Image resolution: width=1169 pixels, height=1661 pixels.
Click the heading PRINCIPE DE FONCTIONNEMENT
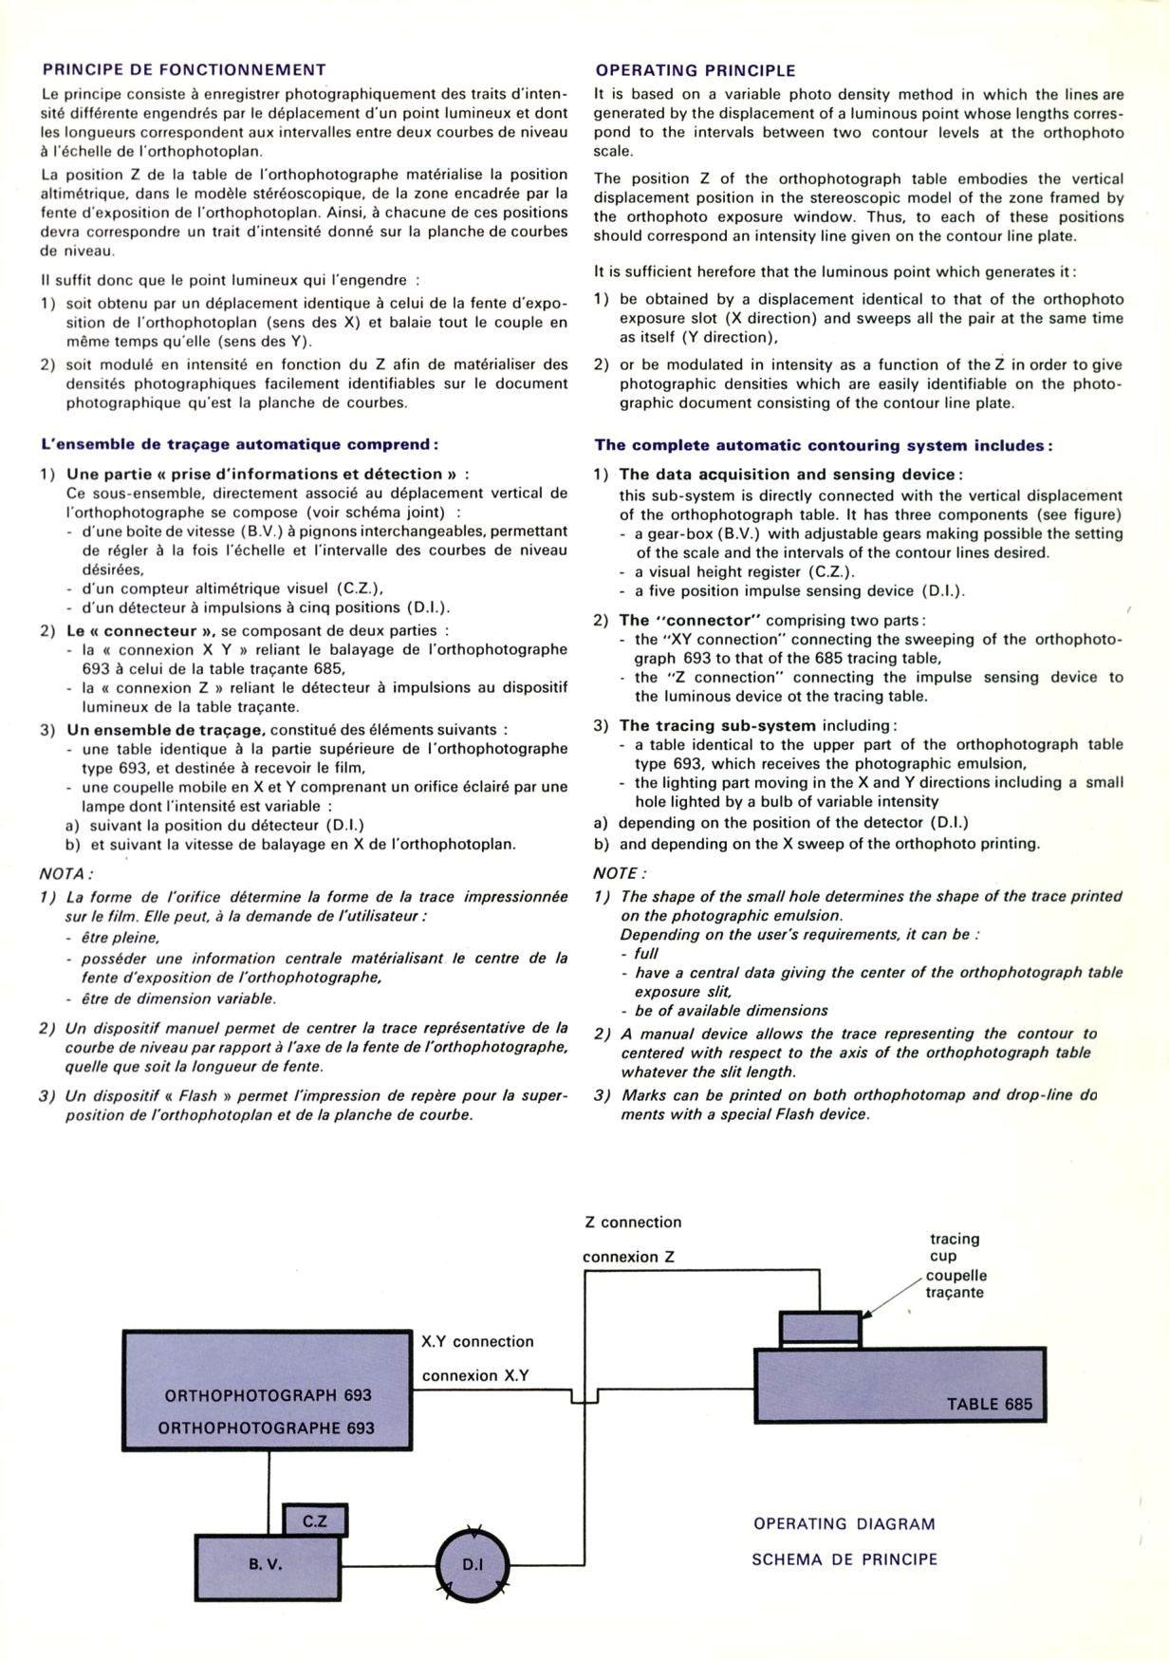(x=184, y=69)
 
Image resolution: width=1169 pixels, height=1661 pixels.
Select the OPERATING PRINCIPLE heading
(x=696, y=70)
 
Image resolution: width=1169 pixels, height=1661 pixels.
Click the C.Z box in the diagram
(x=315, y=1521)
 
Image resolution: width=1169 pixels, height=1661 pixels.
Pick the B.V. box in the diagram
(x=267, y=1564)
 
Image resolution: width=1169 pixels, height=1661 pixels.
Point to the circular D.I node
(x=473, y=1564)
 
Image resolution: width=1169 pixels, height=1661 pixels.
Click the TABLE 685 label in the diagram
(x=990, y=1404)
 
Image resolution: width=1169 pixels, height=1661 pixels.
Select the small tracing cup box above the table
(x=820, y=1329)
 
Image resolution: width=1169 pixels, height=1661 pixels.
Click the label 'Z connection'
(x=633, y=1222)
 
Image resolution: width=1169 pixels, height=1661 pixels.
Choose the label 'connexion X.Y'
(x=475, y=1375)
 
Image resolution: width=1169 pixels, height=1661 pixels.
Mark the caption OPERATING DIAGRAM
(x=844, y=1523)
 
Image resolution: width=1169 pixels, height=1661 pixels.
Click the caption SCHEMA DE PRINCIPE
(x=844, y=1558)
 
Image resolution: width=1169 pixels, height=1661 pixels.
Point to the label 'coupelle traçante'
(x=956, y=1284)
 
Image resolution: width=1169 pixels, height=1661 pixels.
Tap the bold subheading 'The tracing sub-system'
(x=717, y=726)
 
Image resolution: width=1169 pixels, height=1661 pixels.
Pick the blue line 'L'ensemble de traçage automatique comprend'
(x=239, y=444)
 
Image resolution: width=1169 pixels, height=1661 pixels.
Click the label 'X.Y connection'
(x=477, y=1341)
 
